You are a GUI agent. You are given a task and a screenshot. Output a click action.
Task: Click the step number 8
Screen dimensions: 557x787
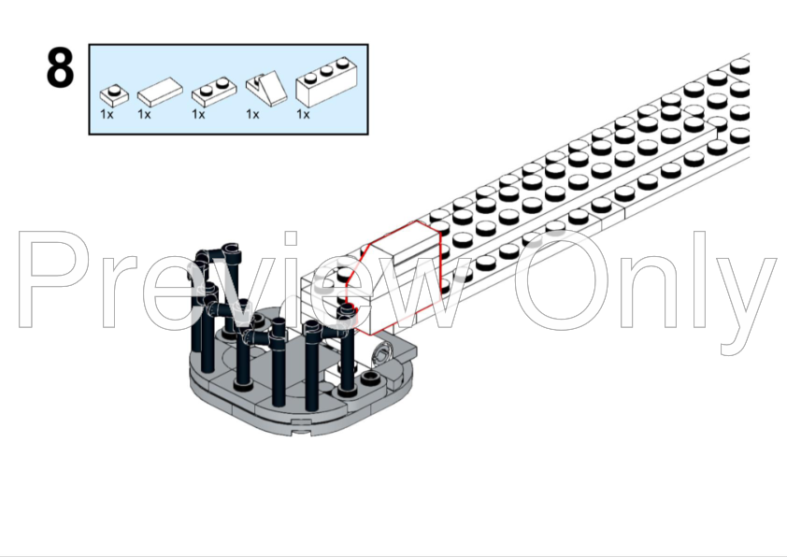60,70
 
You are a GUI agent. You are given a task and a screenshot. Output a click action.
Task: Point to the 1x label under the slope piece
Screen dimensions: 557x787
252,115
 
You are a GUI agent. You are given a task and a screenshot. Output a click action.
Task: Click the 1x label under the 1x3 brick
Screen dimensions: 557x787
303,115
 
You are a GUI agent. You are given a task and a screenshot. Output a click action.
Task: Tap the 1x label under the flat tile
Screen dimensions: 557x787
144,115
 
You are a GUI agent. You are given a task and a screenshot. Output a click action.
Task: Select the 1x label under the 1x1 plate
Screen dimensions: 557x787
107,115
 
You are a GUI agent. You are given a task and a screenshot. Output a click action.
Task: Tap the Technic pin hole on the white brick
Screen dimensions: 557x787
381,353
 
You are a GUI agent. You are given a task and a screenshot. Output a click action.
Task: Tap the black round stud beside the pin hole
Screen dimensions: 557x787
370,378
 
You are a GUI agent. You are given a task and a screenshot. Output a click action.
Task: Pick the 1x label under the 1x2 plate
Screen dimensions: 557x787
198,115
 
